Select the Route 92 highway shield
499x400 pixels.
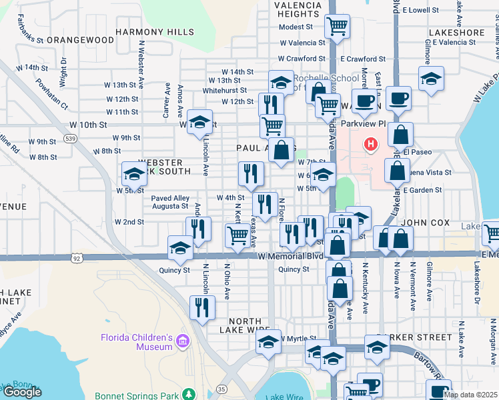click(x=78, y=257)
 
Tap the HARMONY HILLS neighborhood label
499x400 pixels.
click(x=155, y=32)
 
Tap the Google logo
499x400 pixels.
click(x=21, y=392)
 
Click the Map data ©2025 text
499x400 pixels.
click(x=470, y=395)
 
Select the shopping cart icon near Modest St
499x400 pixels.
click(x=337, y=27)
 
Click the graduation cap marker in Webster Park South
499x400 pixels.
click(x=134, y=175)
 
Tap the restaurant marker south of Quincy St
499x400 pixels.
click(x=201, y=307)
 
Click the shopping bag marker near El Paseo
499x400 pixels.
click(x=400, y=135)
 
